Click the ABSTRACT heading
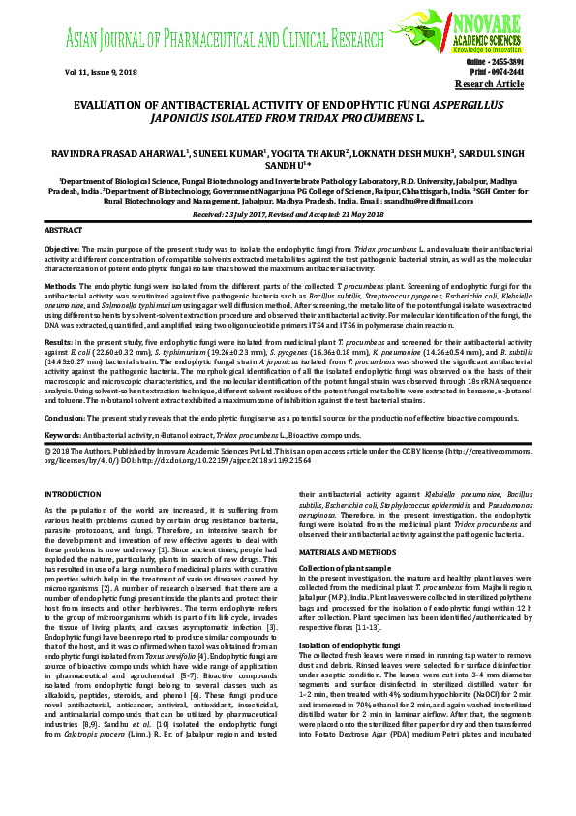65,230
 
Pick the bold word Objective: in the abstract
63,249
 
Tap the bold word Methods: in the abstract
61,288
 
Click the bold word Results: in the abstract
59,343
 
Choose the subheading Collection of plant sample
346,566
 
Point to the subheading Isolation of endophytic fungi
348,644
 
